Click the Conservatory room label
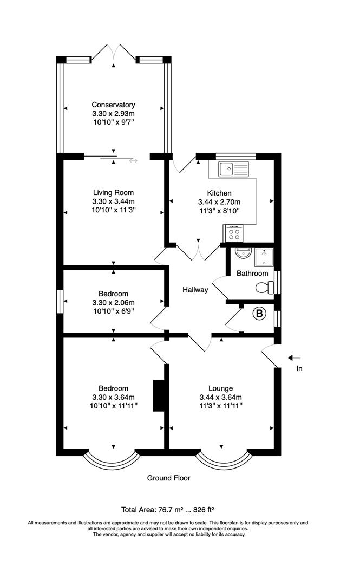113,105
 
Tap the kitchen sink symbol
233,169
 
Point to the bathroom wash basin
242,252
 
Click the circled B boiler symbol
260,313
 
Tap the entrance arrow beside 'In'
294,357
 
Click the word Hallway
195,290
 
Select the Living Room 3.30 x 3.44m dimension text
113,201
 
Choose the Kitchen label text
219,193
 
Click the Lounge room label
221,388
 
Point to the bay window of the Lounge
221,460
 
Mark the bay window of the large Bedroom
113,460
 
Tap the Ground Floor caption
168,478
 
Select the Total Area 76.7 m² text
168,509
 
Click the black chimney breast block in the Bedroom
159,396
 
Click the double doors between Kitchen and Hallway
199,251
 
